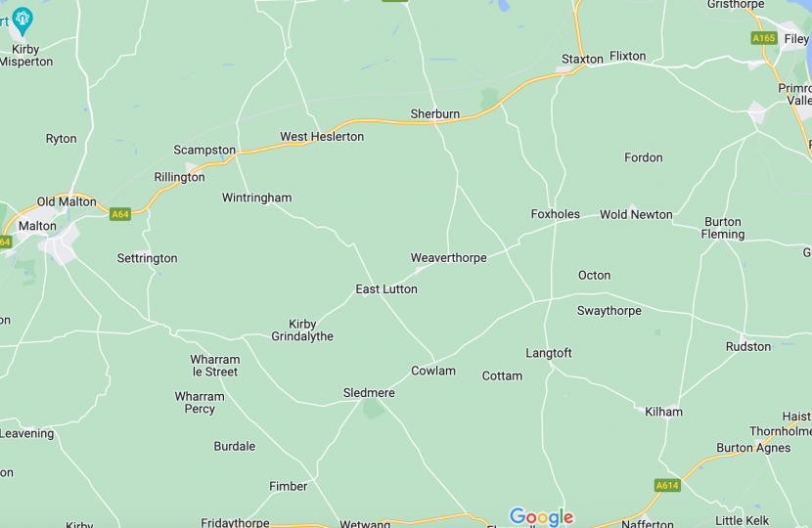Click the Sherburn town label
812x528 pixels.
434,113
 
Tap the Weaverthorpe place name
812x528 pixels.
448,257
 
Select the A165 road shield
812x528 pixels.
764,38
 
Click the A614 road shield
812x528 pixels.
667,485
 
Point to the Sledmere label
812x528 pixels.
369,393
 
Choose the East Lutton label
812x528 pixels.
385,288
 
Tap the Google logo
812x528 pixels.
541,517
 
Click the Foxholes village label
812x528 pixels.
555,214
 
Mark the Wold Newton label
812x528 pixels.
636,214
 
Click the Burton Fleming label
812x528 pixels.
723,228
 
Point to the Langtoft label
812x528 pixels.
548,353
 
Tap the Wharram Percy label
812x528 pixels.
200,402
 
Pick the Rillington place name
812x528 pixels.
179,177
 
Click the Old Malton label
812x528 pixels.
67,201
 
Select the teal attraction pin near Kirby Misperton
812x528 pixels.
23,18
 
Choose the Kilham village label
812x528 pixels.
663,412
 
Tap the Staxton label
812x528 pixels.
582,59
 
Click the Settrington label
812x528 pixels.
147,258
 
